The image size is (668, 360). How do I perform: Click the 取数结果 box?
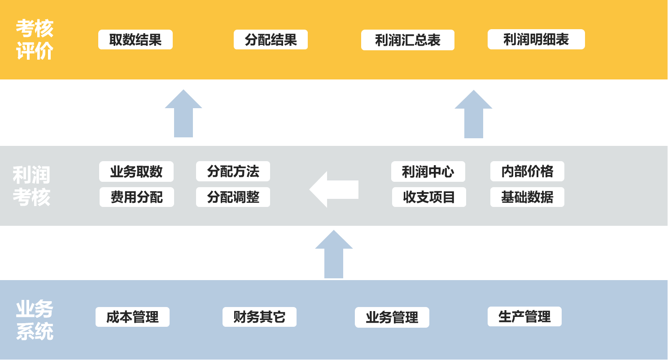[135, 40]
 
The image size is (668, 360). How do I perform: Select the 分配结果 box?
[271, 40]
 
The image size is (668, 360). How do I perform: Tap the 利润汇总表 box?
[407, 40]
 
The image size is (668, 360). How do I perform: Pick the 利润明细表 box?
[536, 40]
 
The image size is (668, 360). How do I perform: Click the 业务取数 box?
[136, 171]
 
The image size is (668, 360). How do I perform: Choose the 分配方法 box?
[233, 171]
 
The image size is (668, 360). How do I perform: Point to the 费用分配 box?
[137, 197]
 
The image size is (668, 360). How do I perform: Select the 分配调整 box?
[233, 197]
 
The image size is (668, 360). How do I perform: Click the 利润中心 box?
[428, 171]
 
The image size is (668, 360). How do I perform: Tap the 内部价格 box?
[527, 171]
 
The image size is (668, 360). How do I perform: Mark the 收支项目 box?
[429, 197]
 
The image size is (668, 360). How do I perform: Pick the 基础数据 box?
[527, 197]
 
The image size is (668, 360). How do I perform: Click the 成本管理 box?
[132, 317]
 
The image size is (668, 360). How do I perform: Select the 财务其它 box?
[259, 317]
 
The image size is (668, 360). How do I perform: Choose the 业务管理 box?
[392, 317]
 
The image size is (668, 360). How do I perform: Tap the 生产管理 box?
[524, 316]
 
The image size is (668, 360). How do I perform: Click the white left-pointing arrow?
[334, 189]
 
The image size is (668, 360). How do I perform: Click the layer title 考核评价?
[35, 40]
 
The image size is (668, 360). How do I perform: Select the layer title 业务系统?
[35, 320]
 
